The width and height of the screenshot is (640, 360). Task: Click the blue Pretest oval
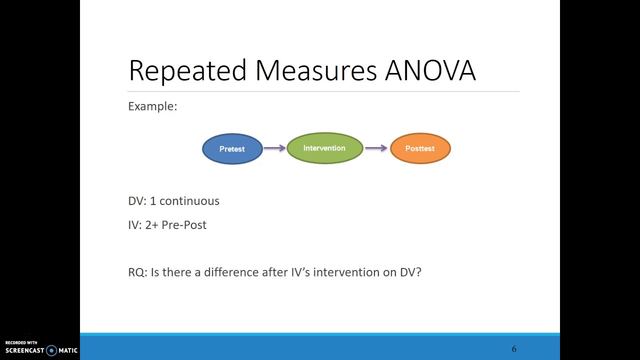tap(232, 149)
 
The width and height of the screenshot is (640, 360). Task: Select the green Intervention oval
tap(325, 148)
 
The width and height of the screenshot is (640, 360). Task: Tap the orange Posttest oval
tap(420, 148)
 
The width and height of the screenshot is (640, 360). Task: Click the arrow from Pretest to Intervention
tap(274, 147)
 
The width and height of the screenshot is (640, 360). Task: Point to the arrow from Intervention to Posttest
tap(376, 147)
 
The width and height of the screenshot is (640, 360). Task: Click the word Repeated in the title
tap(187, 71)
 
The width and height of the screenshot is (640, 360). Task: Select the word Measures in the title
tap(316, 70)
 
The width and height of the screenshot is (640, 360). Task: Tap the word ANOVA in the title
tap(430, 70)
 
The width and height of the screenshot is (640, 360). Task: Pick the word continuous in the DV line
tap(189, 201)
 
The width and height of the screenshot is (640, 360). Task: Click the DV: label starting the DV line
tap(137, 201)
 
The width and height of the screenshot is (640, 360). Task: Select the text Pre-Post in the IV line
tap(184, 225)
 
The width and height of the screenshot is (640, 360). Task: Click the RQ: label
tap(137, 272)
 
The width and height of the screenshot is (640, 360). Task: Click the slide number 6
tap(514, 349)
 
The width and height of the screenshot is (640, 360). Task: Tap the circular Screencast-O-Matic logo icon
tap(51, 350)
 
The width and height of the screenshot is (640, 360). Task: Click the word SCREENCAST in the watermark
tap(25, 350)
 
